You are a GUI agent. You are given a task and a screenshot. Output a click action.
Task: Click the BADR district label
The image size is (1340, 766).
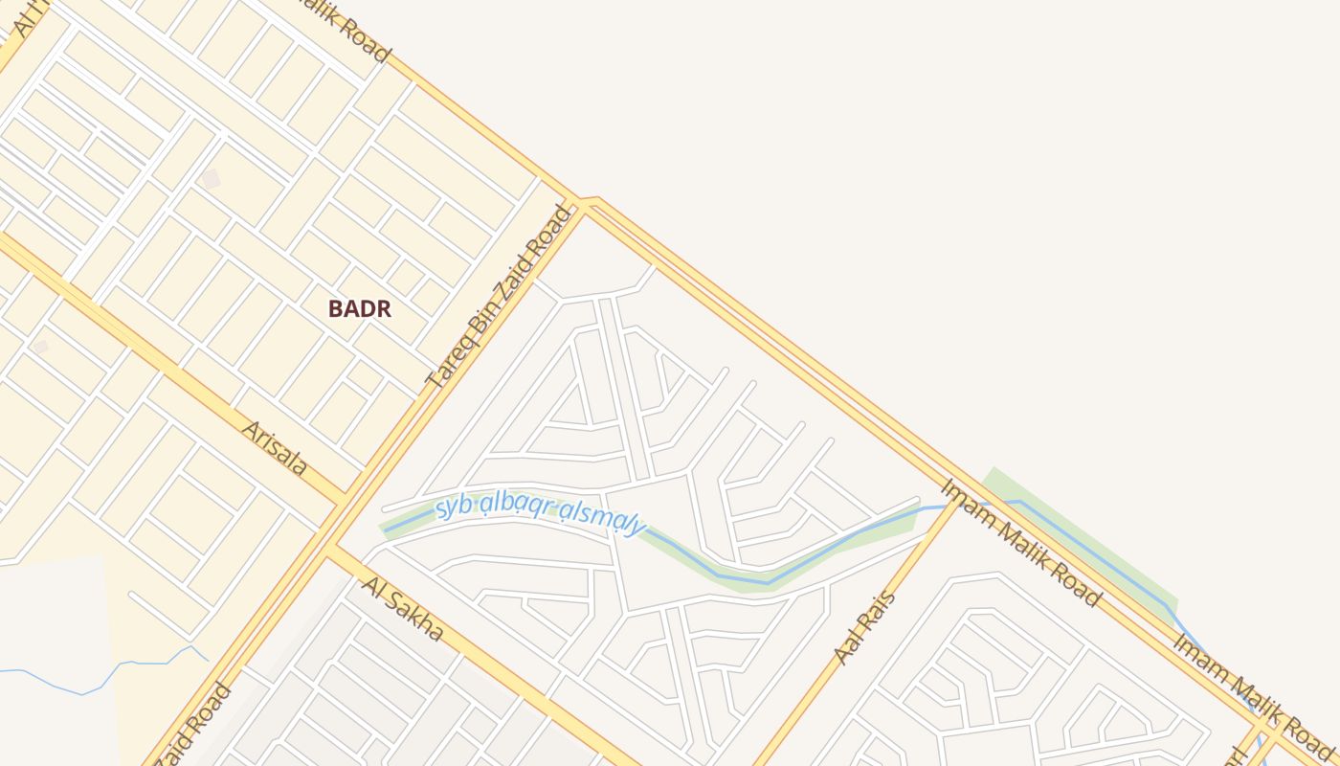point(360,308)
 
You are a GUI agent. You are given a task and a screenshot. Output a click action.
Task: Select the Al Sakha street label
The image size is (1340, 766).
point(403,610)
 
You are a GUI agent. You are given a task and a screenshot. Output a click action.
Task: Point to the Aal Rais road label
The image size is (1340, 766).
point(865,628)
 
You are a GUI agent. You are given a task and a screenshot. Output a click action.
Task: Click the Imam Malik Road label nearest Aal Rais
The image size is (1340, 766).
point(1020,542)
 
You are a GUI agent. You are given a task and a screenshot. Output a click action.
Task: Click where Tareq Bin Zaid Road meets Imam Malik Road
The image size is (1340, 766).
point(581,203)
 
